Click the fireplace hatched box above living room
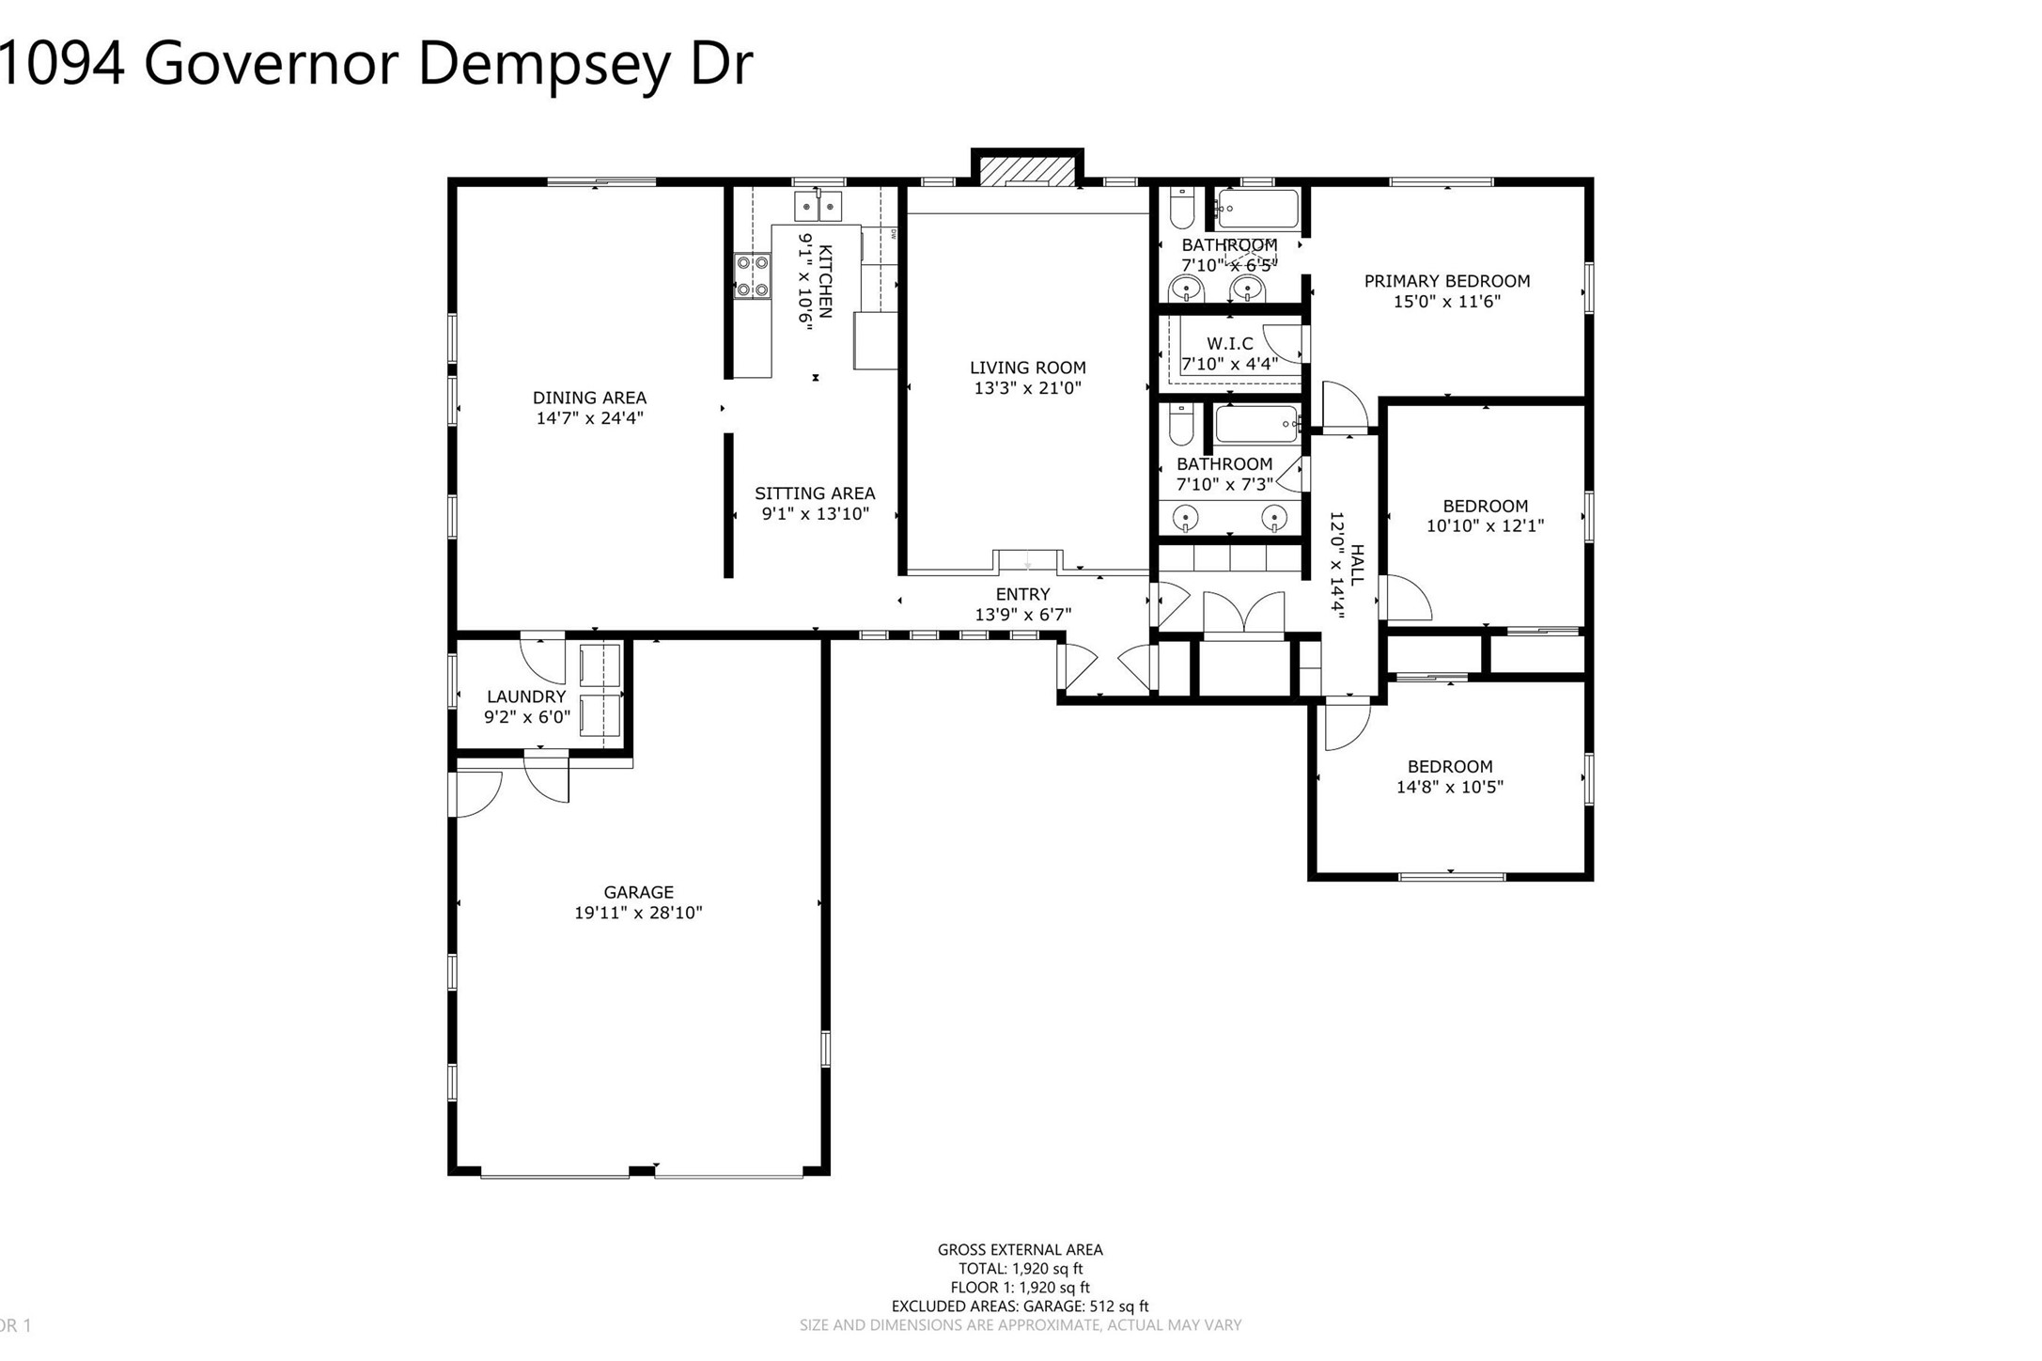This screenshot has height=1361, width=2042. click(1026, 171)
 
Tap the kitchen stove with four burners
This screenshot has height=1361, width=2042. click(752, 276)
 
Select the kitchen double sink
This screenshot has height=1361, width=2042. click(818, 206)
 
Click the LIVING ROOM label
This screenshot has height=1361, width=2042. click(1027, 368)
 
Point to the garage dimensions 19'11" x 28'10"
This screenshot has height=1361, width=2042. click(638, 913)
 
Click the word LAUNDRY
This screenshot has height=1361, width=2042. click(526, 696)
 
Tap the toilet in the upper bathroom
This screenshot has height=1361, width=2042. click(1181, 208)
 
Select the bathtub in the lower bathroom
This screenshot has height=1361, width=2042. click(1256, 424)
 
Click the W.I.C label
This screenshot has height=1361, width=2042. click(1229, 344)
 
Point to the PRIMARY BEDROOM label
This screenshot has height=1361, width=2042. click(1446, 281)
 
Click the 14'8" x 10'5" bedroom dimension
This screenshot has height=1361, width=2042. click(1449, 788)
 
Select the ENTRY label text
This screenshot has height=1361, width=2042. click(1022, 594)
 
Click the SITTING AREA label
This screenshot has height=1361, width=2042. click(814, 493)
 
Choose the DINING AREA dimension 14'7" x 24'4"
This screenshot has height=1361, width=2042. click(589, 418)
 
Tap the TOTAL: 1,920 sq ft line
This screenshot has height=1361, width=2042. click(1021, 1269)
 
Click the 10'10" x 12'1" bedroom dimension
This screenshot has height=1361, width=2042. click(1485, 526)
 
